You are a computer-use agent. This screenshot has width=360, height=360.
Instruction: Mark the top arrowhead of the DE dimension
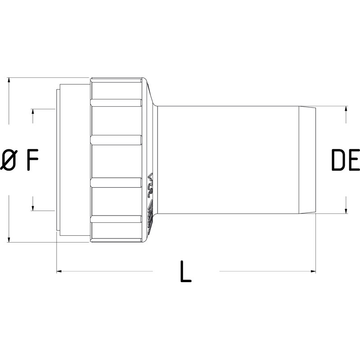[x=346, y=109]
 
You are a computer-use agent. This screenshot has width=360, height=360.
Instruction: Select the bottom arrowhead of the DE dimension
[x=346, y=210]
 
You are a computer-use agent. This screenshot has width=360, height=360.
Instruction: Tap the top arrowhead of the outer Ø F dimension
[x=9, y=81]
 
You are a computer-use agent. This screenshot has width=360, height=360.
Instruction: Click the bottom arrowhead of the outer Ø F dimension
[x=9, y=239]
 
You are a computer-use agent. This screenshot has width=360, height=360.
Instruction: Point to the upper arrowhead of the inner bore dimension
[x=33, y=112]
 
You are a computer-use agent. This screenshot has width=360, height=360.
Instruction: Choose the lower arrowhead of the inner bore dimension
[x=33, y=207]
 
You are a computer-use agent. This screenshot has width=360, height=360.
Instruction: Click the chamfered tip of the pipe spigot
[x=307, y=160]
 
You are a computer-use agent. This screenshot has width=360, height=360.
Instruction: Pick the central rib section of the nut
[x=117, y=160]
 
